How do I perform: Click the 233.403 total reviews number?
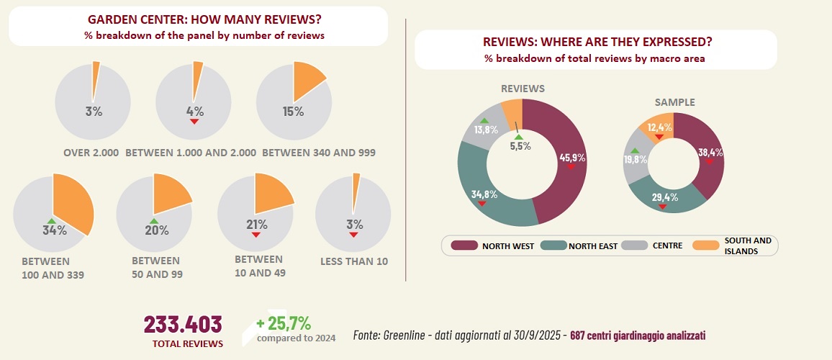click(x=183, y=324)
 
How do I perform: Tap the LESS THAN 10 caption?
click(x=354, y=261)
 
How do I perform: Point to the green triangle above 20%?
click(x=153, y=220)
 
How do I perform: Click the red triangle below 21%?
click(x=255, y=234)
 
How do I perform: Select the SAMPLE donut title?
click(x=675, y=102)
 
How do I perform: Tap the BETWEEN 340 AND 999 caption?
click(x=318, y=153)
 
